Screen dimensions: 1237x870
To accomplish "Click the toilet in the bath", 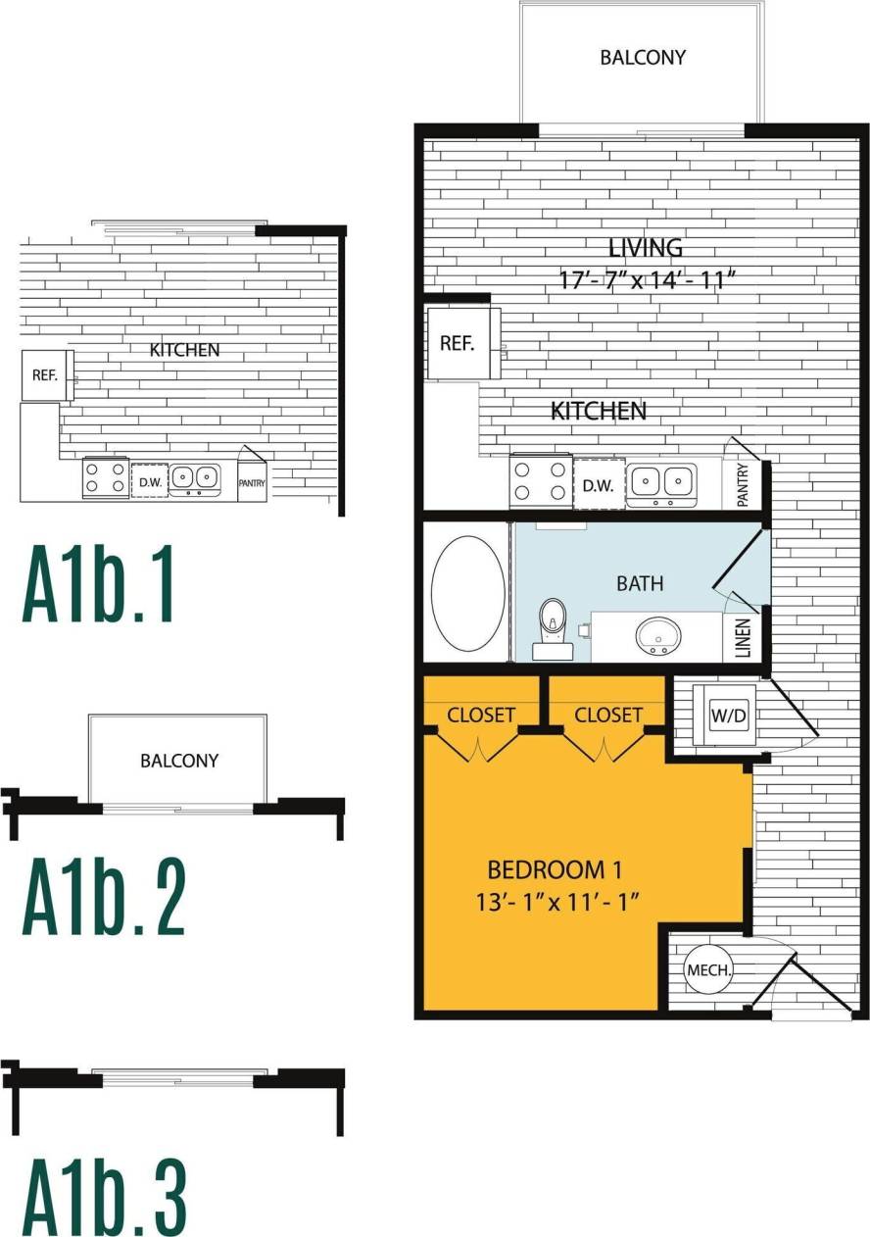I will click(554, 626).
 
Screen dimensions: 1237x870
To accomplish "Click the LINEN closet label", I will click(743, 637).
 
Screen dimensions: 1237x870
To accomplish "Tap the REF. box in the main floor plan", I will click(458, 344).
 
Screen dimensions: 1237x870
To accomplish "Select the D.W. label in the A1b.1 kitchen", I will click(149, 481).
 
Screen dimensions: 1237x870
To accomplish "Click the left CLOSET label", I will click(481, 715).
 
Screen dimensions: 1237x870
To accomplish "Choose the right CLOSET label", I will click(608, 715).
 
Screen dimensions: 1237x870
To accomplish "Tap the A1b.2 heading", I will click(104, 897).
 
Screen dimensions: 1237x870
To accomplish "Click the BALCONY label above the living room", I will click(643, 57).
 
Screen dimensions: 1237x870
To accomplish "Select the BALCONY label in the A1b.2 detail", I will click(178, 760).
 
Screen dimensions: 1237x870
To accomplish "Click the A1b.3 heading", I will click(104, 1199).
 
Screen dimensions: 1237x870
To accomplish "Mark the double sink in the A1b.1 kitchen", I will click(194, 478).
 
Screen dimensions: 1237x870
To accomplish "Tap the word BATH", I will click(640, 583).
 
